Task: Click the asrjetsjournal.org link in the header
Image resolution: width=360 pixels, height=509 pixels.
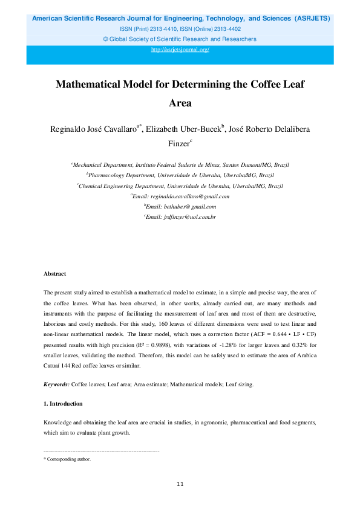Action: (180, 50)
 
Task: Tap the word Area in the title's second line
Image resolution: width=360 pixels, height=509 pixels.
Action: (180, 103)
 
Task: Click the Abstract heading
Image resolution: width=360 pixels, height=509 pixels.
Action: (54, 274)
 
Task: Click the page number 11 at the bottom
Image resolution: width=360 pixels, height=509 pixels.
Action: (180, 484)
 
